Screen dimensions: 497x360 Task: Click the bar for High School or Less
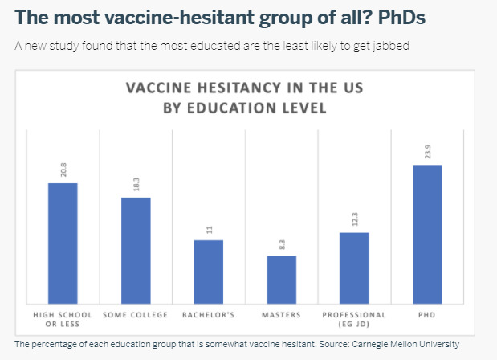point(63,243)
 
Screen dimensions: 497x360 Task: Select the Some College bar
point(136,251)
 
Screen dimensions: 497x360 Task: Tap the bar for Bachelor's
point(209,272)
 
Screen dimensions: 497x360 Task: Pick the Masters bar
point(282,280)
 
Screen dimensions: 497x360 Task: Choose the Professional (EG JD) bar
point(354,268)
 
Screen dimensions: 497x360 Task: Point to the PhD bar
point(427,235)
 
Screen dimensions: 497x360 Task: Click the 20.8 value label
point(63,170)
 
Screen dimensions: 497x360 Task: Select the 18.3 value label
point(136,184)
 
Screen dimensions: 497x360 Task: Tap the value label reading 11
point(210,230)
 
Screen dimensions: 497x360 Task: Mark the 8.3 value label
point(282,244)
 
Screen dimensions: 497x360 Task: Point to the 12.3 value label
point(355,219)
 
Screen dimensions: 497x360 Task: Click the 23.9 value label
point(428,152)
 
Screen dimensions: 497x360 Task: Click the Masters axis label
point(281,315)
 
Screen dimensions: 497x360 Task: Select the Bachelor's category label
point(208,315)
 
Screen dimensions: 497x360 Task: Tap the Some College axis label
point(135,315)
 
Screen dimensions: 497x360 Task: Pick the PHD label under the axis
point(426,315)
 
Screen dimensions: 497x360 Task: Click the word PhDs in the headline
point(401,17)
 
